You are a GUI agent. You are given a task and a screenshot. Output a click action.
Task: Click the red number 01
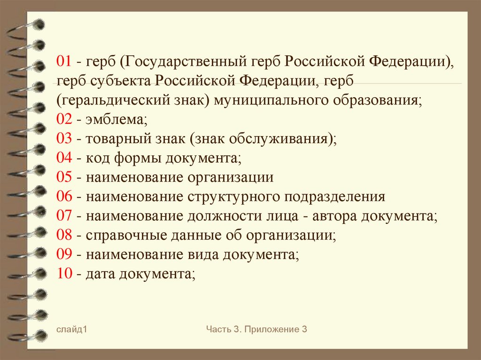(64, 62)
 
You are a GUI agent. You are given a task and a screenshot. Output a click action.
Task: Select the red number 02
(64, 120)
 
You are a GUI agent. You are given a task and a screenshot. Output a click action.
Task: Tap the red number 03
(64, 139)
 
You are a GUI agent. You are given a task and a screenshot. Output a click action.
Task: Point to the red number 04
(64, 159)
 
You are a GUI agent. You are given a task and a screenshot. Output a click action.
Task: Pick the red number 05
(64, 178)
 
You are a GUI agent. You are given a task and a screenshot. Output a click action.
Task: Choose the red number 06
(64, 197)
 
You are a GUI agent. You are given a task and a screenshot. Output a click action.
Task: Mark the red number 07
(64, 216)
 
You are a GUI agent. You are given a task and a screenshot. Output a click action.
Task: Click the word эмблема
(116, 120)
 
